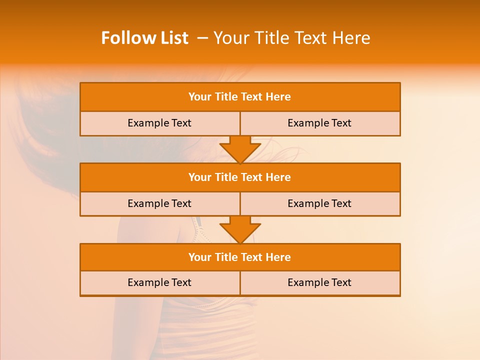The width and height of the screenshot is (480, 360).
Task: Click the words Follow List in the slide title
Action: coord(144,38)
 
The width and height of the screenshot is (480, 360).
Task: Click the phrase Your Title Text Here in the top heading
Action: coord(291,38)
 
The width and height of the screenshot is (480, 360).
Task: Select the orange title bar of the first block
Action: coord(239,97)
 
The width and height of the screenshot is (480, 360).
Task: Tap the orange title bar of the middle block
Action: coord(239,177)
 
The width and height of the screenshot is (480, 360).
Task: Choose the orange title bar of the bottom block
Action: coord(239,257)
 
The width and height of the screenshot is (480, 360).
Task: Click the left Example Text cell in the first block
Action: coord(159,123)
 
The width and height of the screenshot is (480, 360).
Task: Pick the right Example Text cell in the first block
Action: coord(319,123)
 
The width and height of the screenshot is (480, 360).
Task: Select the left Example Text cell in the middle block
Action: coord(159,203)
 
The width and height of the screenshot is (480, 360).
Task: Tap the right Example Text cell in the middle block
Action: coord(319,203)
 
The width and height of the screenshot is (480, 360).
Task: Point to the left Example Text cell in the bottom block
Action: coord(159,282)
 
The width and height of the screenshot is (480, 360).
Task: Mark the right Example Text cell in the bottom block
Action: coord(319,282)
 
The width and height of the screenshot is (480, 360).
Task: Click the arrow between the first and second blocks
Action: coord(240,149)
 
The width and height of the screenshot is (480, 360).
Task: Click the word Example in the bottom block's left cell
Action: coord(148,282)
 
